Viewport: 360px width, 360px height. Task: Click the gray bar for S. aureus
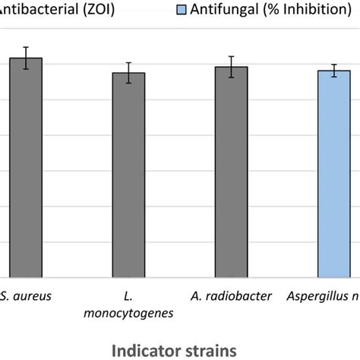[26, 167]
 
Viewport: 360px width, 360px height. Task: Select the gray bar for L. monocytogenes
[128, 175]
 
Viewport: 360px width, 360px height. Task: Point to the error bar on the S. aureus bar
[26, 58]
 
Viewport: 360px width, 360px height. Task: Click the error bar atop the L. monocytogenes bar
[128, 73]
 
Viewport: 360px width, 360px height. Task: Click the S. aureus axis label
[27, 296]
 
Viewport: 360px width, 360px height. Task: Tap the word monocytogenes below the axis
[129, 312]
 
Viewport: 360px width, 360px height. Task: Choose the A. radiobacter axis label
[231, 296]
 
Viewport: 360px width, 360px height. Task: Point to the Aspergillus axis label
[325, 296]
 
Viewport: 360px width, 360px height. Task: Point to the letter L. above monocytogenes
[128, 295]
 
